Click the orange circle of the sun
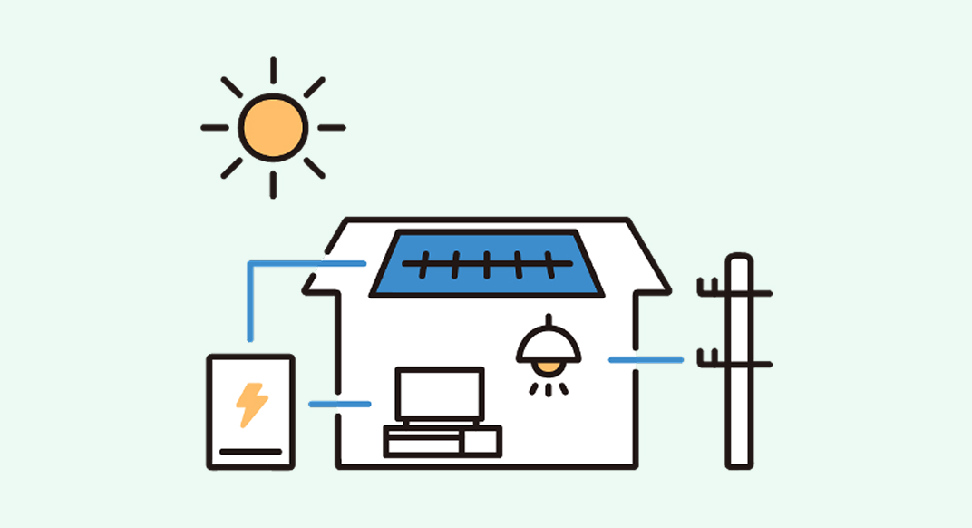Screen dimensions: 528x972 pyautogui.click(x=273, y=128)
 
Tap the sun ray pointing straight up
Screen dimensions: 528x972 pyautogui.click(x=273, y=71)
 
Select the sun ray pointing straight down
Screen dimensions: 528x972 pyautogui.click(x=273, y=184)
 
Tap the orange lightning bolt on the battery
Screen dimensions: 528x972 pyautogui.click(x=251, y=405)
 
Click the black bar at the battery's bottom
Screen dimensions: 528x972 pyautogui.click(x=251, y=451)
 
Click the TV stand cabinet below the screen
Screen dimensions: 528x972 pyautogui.click(x=442, y=441)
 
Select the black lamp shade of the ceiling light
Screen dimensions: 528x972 pyautogui.click(x=549, y=344)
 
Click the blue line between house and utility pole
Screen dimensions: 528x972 pyautogui.click(x=645, y=360)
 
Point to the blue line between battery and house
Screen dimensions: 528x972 pyautogui.click(x=339, y=404)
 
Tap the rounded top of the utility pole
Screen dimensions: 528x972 pyautogui.click(x=740, y=261)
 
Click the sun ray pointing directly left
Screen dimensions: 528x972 pyautogui.click(x=215, y=128)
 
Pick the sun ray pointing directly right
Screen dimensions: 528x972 pyautogui.click(x=331, y=128)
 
